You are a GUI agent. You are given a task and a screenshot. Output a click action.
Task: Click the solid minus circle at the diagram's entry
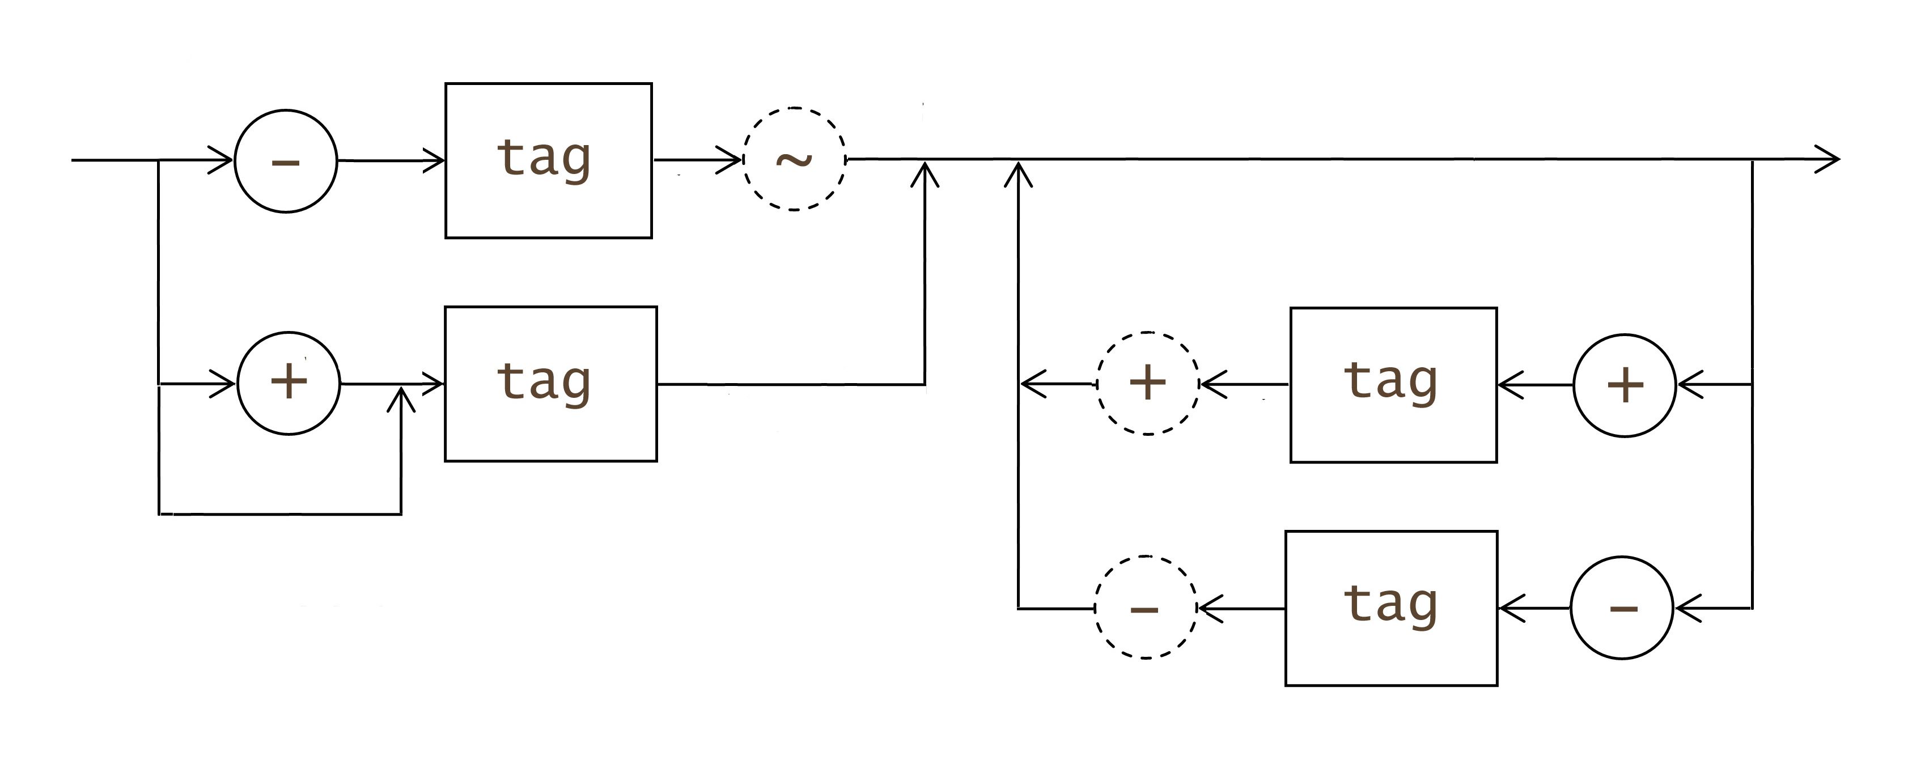tap(286, 161)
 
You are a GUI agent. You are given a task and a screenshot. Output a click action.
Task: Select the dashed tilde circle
tap(794, 159)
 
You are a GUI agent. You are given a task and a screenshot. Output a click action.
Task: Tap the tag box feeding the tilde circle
tap(548, 161)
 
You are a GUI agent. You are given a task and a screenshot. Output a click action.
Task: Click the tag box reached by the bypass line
tap(550, 384)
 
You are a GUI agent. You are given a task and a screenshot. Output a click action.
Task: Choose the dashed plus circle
tap(1147, 384)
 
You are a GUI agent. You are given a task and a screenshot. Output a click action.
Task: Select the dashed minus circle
tap(1146, 608)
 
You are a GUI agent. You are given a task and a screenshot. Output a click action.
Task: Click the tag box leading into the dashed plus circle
tap(1393, 384)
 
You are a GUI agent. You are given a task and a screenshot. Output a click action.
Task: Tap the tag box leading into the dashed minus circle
tap(1391, 608)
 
